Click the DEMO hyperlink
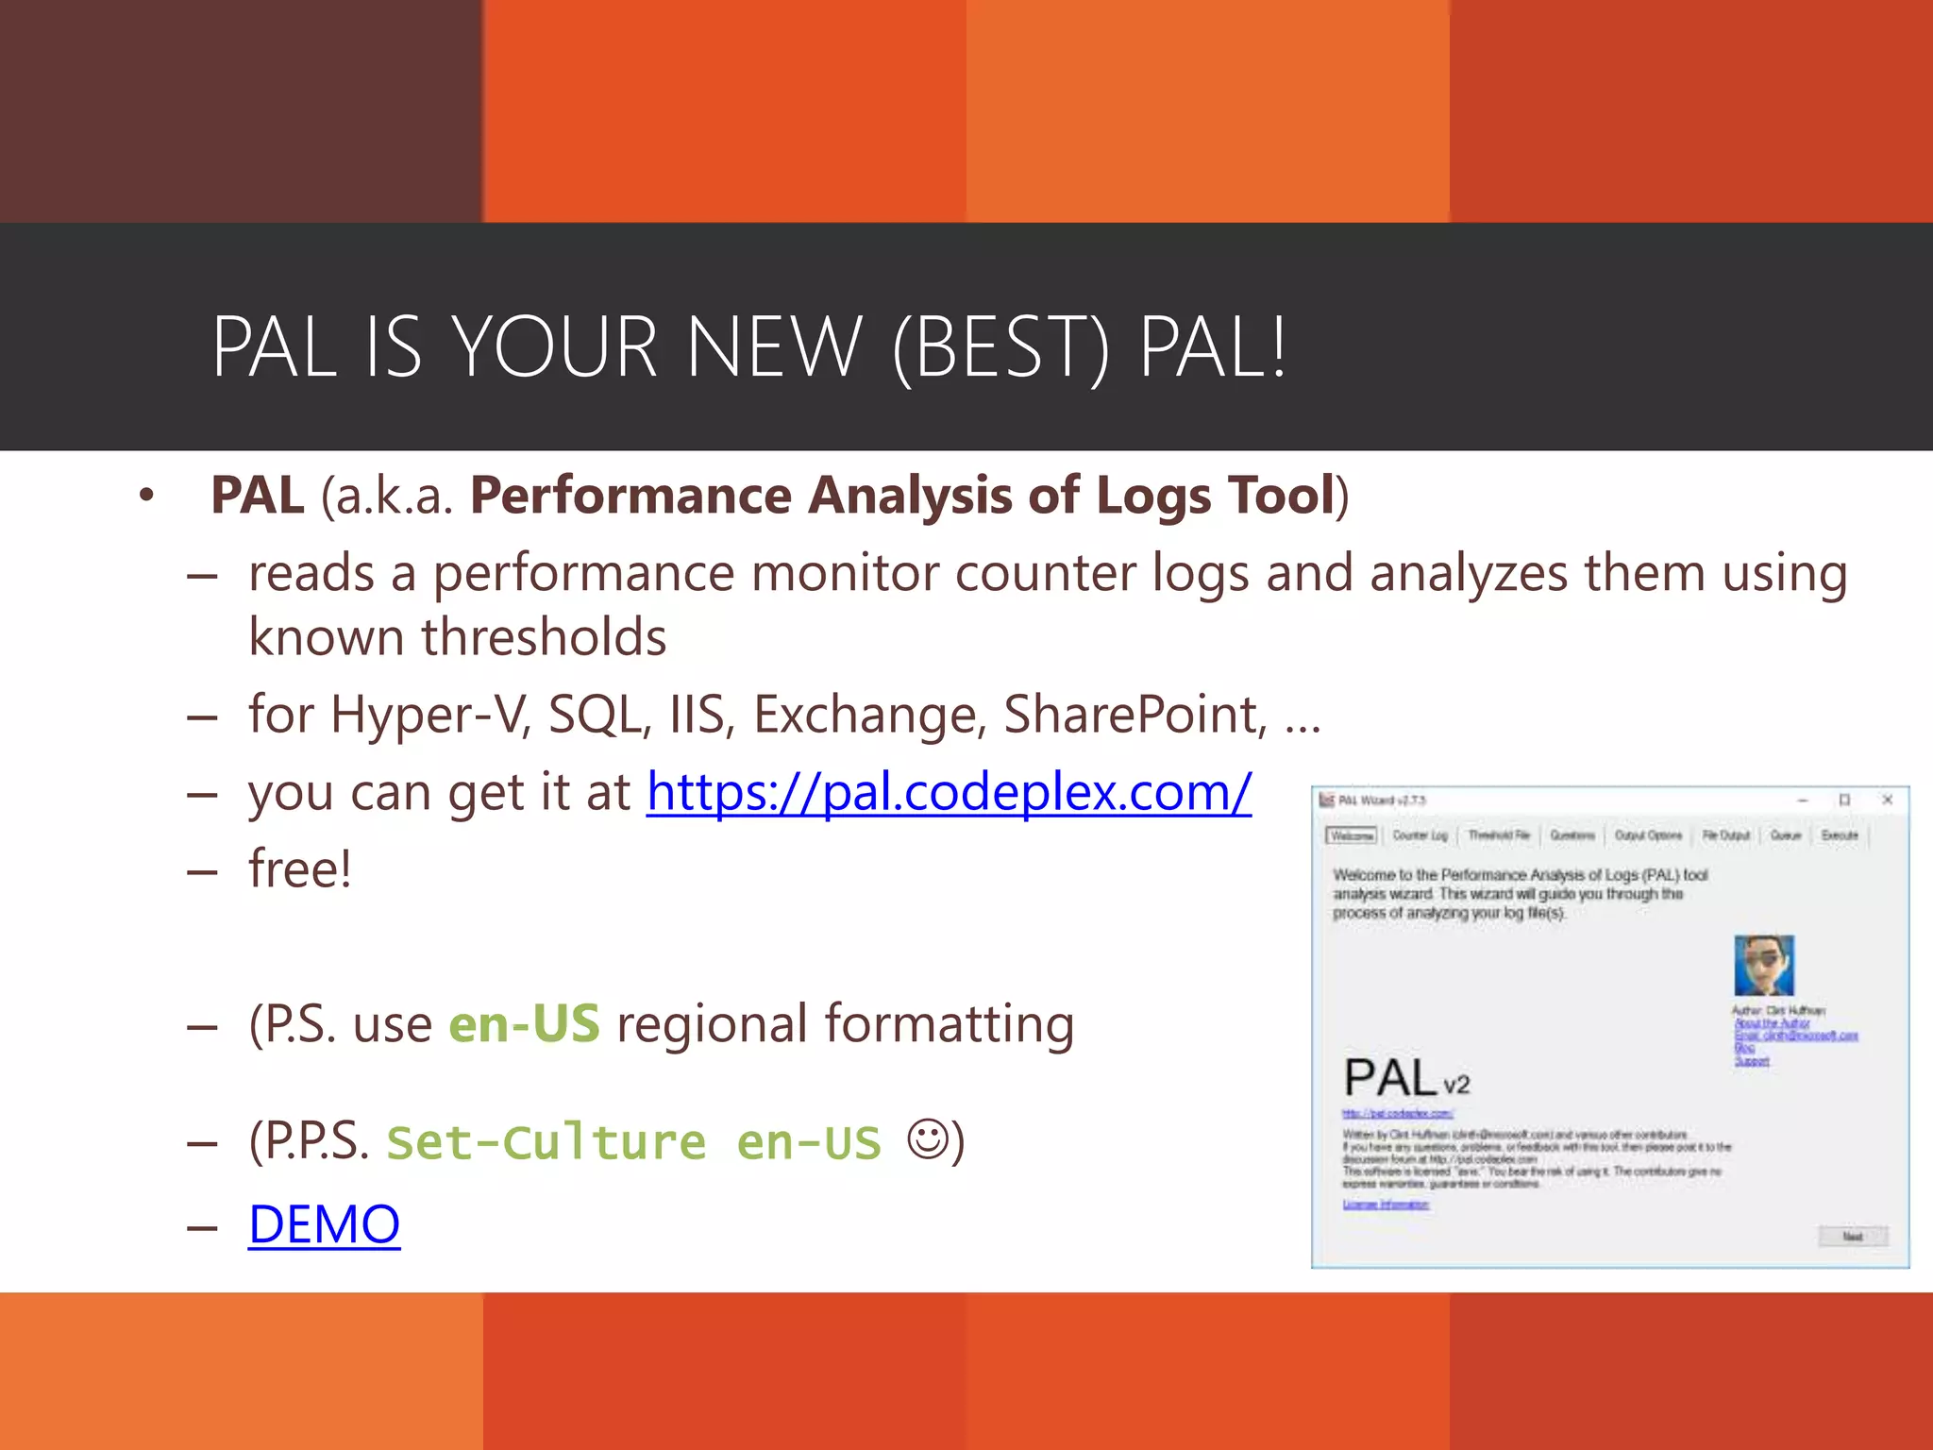(324, 1224)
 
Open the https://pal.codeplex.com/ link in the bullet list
(949, 792)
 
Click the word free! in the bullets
(300, 869)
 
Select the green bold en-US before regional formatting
(524, 1024)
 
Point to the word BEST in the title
(1000, 347)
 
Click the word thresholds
(544, 637)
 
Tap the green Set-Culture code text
(546, 1143)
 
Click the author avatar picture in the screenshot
(1763, 965)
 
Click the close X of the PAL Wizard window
(1887, 800)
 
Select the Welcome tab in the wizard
(1352, 835)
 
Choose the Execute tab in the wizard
(1839, 835)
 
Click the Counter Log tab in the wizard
(1419, 835)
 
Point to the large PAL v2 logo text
(1405, 1078)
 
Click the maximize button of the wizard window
(1844, 800)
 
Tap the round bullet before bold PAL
(145, 496)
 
